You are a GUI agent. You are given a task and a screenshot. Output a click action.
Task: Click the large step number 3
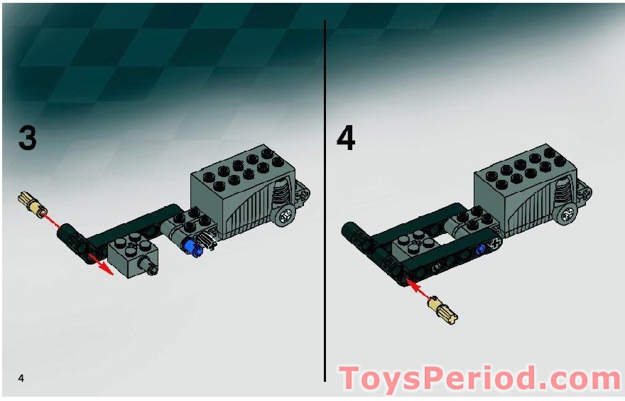pyautogui.click(x=27, y=137)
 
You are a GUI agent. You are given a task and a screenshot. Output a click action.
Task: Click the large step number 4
pyautogui.click(x=345, y=137)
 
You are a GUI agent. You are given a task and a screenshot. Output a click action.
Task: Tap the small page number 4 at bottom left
pyautogui.click(x=21, y=377)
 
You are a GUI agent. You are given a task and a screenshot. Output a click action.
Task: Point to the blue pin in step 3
pyautogui.click(x=190, y=247)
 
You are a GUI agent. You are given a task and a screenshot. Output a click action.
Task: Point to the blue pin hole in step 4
pyautogui.click(x=482, y=249)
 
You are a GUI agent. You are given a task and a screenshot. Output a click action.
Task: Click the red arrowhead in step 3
pyautogui.click(x=107, y=269)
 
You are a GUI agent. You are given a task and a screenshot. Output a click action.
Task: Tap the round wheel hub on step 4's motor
pyautogui.click(x=567, y=212)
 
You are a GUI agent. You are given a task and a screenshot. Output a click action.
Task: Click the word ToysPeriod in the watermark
pyautogui.click(x=436, y=378)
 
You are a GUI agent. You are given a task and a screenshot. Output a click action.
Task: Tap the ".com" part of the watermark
pyautogui.click(x=575, y=378)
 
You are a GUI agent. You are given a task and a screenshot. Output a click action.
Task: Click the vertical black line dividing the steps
pyautogui.click(x=325, y=199)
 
